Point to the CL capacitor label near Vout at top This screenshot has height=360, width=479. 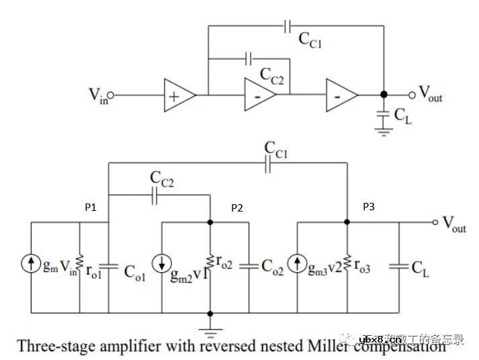pyautogui.click(x=402, y=116)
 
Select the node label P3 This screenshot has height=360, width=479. pyautogui.click(x=369, y=208)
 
